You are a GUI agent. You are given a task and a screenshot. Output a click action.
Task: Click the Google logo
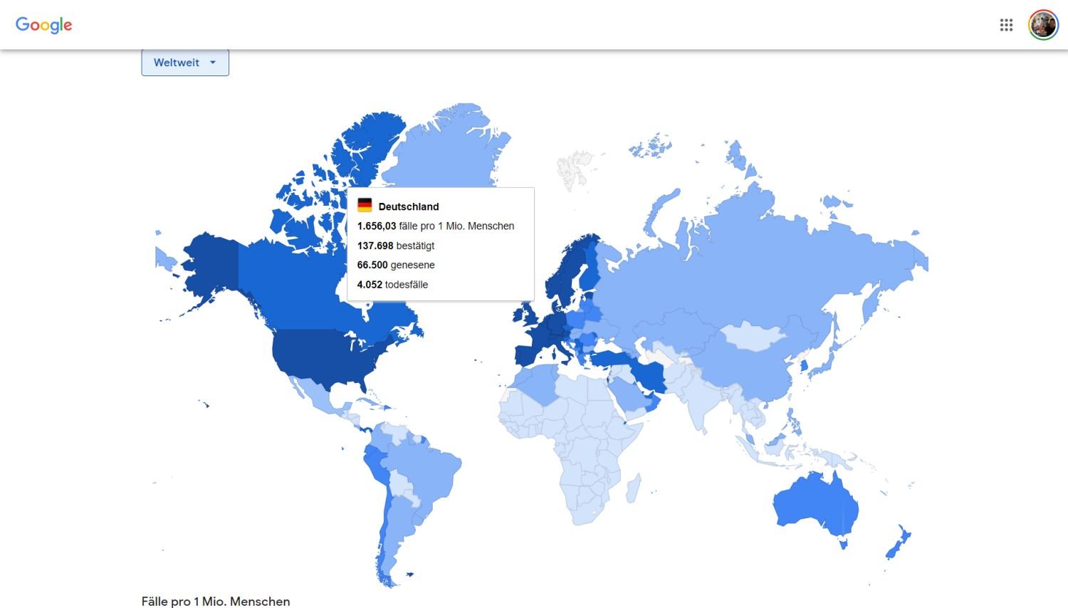[x=44, y=25]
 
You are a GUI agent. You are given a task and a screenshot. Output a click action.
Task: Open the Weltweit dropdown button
[x=185, y=63]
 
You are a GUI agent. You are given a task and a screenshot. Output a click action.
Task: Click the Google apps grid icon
[x=1006, y=25]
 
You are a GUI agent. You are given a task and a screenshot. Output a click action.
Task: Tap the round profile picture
[x=1043, y=25]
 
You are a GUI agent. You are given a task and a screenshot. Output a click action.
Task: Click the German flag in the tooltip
[x=365, y=206]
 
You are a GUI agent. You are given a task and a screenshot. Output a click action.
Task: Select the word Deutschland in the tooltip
[x=409, y=206]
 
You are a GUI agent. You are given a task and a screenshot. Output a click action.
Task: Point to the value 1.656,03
[x=377, y=226]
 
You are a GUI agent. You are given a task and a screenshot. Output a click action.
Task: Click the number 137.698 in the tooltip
[x=375, y=246]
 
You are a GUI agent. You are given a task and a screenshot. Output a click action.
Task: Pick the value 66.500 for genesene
[x=372, y=265]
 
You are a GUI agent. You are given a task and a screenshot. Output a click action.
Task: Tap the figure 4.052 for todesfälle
[x=370, y=284]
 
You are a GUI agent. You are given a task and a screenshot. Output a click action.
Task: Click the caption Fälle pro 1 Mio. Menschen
[x=216, y=601]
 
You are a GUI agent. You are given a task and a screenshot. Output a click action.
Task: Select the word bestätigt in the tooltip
[x=415, y=246]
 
